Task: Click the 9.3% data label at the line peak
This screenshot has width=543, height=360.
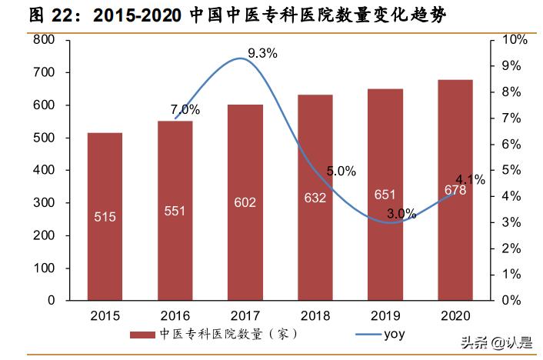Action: pyautogui.click(x=262, y=53)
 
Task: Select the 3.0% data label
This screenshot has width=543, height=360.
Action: pyautogui.click(x=401, y=214)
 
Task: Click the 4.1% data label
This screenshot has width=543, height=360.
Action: pyautogui.click(x=470, y=180)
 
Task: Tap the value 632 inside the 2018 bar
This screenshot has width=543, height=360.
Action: pyautogui.click(x=315, y=198)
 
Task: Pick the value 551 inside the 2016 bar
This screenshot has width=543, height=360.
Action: pyautogui.click(x=175, y=211)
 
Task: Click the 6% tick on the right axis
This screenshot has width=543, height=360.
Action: pyautogui.click(x=511, y=144)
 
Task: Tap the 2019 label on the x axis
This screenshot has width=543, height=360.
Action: pyautogui.click(x=385, y=316)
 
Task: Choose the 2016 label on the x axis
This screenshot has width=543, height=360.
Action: pyautogui.click(x=175, y=316)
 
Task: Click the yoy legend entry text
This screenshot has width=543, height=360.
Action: pyautogui.click(x=393, y=334)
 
